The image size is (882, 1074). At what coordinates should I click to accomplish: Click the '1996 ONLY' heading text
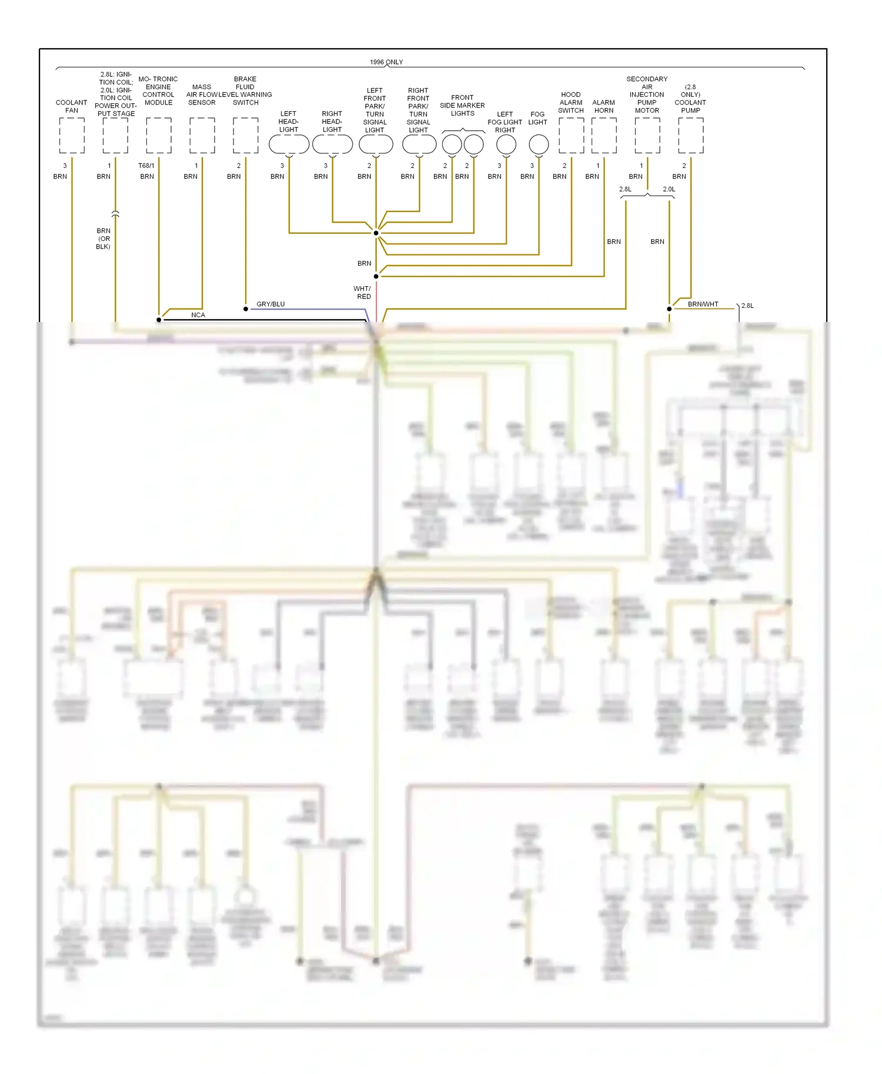tap(386, 62)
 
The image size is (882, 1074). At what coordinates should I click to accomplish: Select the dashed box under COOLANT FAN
tap(72, 135)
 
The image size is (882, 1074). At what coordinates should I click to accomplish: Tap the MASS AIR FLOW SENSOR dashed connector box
tap(202, 135)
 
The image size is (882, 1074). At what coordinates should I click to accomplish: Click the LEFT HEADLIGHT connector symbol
tap(289, 144)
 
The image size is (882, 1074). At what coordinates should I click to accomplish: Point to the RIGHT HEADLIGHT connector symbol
tap(332, 144)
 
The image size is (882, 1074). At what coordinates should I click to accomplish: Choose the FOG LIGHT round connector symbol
tap(539, 144)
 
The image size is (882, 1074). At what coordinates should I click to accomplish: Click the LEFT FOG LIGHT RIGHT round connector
tap(506, 144)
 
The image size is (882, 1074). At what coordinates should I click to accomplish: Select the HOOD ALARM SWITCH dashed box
tap(571, 135)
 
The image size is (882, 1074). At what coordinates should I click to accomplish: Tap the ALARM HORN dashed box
tap(604, 135)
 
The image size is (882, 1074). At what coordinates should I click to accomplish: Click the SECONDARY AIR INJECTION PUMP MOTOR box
tap(647, 135)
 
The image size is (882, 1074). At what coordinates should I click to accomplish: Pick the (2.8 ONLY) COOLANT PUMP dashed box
tap(691, 135)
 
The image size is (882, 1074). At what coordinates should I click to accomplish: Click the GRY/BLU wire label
tap(270, 304)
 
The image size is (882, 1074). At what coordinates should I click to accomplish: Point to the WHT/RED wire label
tap(362, 293)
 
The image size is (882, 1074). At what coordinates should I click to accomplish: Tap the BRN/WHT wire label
tap(703, 304)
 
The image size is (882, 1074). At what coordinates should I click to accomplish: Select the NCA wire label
tap(198, 315)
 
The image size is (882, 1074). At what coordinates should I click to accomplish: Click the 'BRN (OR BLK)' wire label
tap(103, 239)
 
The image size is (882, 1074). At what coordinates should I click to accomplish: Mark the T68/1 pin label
tap(146, 166)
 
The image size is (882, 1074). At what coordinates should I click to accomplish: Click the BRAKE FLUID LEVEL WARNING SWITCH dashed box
tap(245, 135)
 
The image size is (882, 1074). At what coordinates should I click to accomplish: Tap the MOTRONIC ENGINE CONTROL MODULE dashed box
tap(159, 135)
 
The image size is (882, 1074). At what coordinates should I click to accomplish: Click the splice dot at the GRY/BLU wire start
tap(246, 308)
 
